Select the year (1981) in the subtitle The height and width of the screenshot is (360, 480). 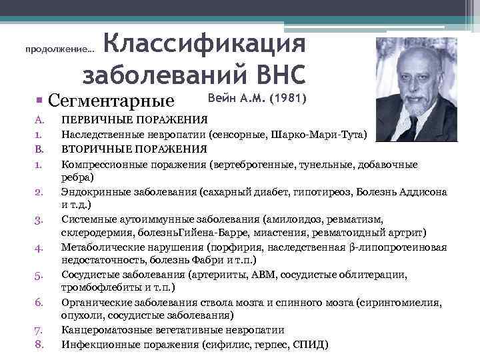pos(287,99)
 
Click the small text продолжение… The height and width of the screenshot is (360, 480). pos(59,49)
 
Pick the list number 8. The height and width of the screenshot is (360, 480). pos(39,345)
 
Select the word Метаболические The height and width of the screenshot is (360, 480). pos(102,247)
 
